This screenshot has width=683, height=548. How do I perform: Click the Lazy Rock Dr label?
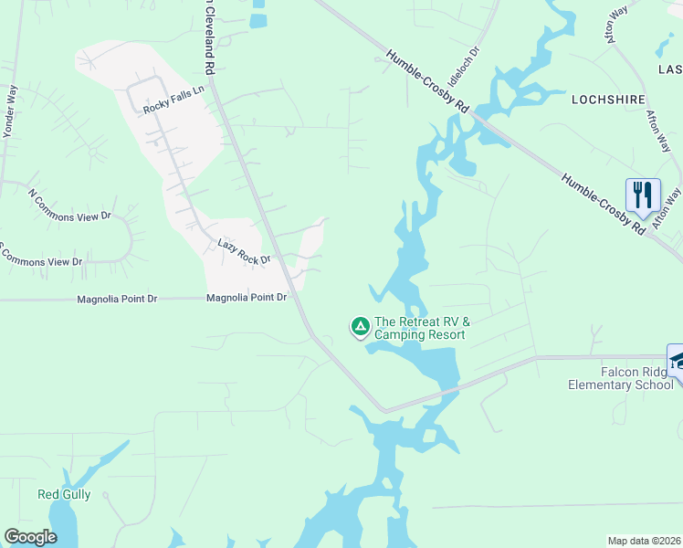[244, 252]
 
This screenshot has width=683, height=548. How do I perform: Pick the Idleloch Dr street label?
[463, 68]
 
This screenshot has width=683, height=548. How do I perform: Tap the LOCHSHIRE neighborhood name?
[608, 99]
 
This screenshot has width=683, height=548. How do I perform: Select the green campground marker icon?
[360, 325]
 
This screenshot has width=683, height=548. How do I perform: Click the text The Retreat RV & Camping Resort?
[421, 328]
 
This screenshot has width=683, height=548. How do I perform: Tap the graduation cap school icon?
[678, 361]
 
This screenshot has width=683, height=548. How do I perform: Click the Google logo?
[31, 537]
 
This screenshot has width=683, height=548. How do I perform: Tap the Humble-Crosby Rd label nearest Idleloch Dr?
[427, 81]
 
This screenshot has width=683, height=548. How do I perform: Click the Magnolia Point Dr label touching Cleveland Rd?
[247, 298]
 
